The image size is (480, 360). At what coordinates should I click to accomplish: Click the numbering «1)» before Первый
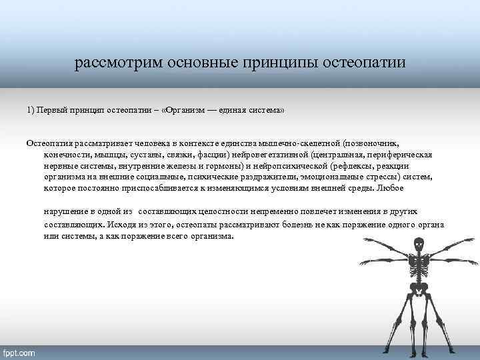click(31, 109)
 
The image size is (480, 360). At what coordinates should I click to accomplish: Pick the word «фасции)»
click(214, 155)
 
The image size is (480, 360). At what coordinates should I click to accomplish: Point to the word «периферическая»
click(401, 155)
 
